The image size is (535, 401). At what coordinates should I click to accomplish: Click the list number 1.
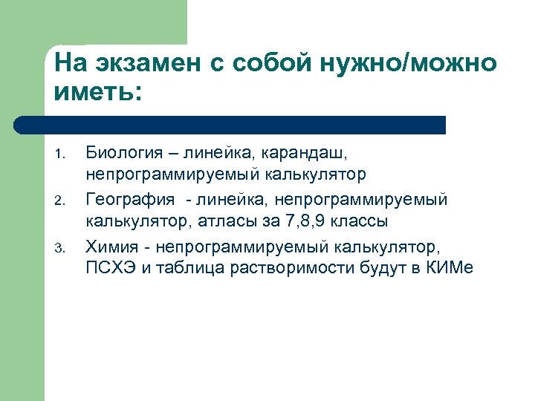(x=62, y=155)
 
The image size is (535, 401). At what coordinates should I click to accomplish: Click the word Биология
(x=124, y=153)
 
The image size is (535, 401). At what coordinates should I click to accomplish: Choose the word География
(x=131, y=199)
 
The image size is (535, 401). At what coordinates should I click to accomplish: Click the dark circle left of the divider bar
(x=22, y=124)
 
